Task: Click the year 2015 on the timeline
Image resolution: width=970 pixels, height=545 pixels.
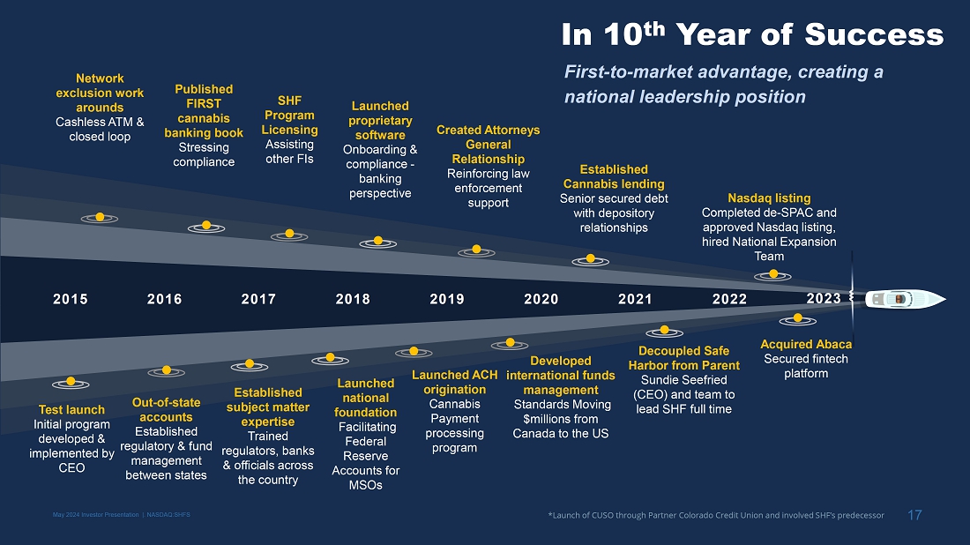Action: (71, 299)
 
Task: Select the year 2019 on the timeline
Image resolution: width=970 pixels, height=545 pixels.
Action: (447, 299)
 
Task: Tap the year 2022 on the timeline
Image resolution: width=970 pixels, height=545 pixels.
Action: (730, 299)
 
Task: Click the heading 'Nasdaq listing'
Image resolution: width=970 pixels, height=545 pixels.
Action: (769, 198)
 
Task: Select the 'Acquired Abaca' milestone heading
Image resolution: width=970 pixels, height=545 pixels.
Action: (806, 344)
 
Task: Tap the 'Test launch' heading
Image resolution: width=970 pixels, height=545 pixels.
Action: (71, 410)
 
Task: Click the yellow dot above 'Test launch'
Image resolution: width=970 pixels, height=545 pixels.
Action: (71, 382)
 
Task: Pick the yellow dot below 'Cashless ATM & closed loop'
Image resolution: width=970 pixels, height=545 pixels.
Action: (101, 217)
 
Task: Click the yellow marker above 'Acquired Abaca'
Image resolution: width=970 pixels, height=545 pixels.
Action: (798, 317)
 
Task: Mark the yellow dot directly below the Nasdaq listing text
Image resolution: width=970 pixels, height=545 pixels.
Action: (774, 274)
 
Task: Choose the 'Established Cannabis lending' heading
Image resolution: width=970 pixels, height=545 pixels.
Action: (614, 176)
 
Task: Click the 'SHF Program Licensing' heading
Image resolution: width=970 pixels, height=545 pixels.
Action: (289, 116)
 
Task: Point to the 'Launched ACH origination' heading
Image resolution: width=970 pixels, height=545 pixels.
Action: (455, 383)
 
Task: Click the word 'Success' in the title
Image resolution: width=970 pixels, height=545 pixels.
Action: (874, 35)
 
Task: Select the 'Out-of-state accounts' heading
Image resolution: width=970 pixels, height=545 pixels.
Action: (166, 410)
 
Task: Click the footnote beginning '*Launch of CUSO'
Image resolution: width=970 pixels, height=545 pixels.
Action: (715, 516)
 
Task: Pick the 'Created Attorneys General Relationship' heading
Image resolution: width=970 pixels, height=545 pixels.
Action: (489, 145)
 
